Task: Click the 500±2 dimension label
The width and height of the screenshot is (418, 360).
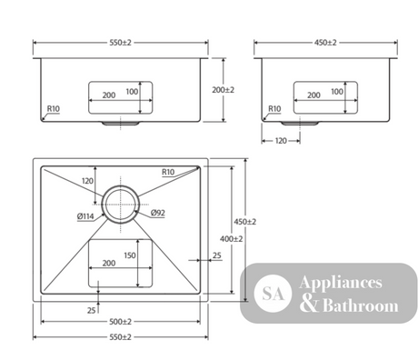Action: coord(120,322)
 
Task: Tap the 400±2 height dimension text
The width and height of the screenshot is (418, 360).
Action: coord(232,239)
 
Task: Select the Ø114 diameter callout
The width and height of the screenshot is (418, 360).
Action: coord(85,216)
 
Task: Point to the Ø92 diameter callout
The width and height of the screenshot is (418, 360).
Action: coord(158,213)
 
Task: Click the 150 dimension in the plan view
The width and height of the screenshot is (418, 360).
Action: coord(130,255)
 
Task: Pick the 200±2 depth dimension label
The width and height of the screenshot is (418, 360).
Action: coord(224,90)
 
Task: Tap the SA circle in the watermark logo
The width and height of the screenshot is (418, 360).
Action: coord(273,294)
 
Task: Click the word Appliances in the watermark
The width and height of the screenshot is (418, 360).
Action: coord(341,283)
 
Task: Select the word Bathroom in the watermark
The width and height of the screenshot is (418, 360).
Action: coord(361,305)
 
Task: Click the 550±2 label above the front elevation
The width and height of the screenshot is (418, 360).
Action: coord(120,43)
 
